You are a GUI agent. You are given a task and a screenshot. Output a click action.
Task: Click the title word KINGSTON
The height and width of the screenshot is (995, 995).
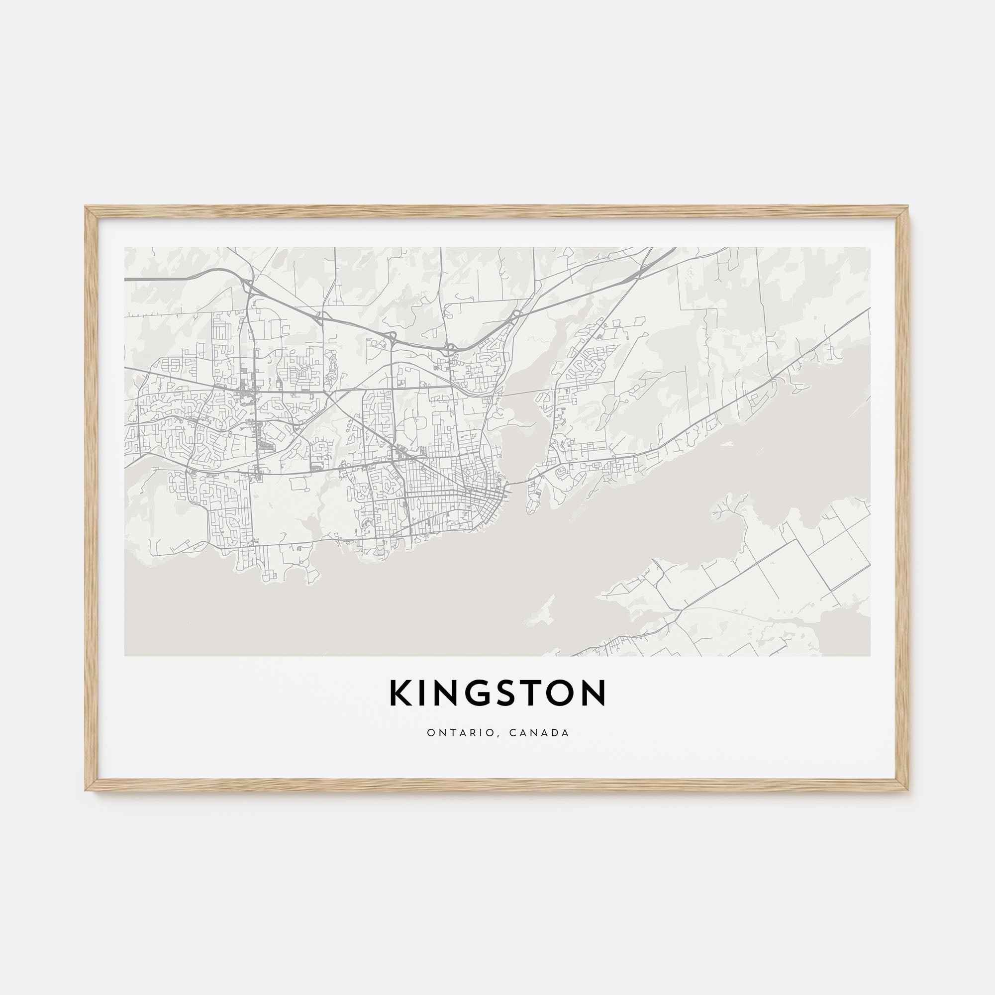pos(497,693)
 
